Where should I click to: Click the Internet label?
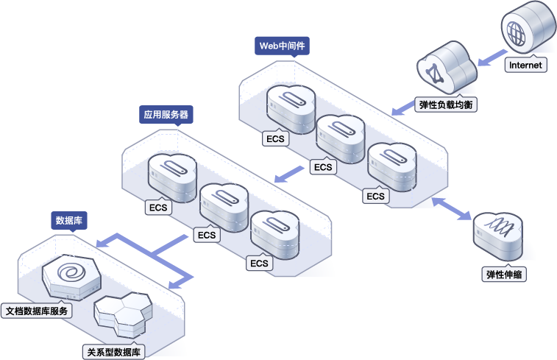click(526, 65)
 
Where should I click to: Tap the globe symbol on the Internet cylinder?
click(516, 33)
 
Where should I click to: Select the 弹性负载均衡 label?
click(446, 105)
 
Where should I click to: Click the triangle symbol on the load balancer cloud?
click(433, 74)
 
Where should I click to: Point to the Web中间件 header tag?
click(282, 46)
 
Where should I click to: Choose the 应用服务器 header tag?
click(166, 114)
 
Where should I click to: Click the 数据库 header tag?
click(69, 220)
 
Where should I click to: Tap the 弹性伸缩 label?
click(504, 275)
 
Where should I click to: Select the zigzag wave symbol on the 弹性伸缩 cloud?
click(500, 227)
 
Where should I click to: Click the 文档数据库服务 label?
click(37, 311)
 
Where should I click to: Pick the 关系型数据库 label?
click(113, 352)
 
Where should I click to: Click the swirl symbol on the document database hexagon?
click(72, 273)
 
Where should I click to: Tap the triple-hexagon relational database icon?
click(123, 314)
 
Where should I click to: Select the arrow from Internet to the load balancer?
click(492, 57)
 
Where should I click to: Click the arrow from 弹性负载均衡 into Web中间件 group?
click(403, 107)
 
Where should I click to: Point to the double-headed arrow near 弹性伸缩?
click(451, 208)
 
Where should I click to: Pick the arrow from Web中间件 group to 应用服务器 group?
click(289, 174)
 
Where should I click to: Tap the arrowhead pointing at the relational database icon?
click(175, 284)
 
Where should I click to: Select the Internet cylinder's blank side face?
click(543, 25)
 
